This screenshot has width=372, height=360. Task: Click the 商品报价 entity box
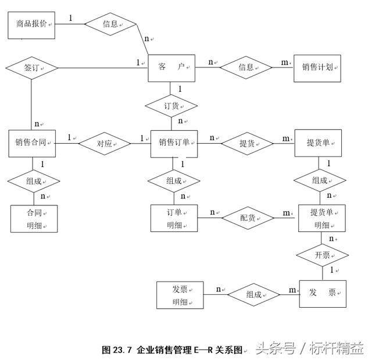tap(32, 25)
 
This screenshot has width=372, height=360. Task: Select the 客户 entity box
tap(171, 67)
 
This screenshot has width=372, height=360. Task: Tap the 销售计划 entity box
tap(317, 67)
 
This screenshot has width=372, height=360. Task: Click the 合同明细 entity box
tap(34, 218)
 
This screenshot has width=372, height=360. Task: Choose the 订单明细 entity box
tap(174, 218)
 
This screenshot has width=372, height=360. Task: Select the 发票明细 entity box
tap(180, 294)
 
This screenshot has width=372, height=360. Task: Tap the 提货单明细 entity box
tap(322, 218)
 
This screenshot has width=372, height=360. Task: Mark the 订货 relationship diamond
tap(171, 106)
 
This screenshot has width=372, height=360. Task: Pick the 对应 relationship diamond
tap(104, 143)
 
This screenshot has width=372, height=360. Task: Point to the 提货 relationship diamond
tap(247, 143)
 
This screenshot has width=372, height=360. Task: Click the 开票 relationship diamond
tap(322, 255)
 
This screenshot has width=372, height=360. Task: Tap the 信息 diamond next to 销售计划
tap(246, 67)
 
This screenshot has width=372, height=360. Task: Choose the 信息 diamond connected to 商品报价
tap(110, 24)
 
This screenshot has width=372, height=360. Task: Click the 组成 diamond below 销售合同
tap(34, 181)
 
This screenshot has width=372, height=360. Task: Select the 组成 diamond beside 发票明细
tap(253, 294)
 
